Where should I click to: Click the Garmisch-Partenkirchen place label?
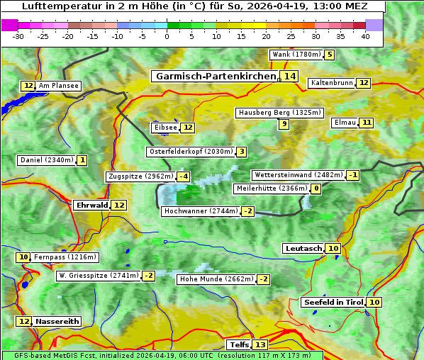click(x=215, y=76)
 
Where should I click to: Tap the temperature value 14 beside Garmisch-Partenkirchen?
click(x=289, y=76)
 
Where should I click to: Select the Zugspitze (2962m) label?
click(x=140, y=176)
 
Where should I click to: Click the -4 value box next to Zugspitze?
click(x=183, y=176)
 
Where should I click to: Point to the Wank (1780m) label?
click(x=296, y=55)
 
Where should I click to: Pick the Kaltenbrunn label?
click(x=331, y=83)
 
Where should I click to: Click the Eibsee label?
click(x=165, y=128)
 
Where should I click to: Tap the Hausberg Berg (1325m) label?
click(x=279, y=113)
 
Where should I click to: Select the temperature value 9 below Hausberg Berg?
click(x=284, y=124)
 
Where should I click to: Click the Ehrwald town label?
click(x=91, y=205)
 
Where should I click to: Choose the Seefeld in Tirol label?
click(x=333, y=302)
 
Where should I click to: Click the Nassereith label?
click(x=57, y=321)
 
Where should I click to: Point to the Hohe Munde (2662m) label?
click(x=216, y=279)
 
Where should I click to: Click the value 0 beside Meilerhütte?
click(x=316, y=189)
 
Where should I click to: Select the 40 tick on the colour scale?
click(x=365, y=36)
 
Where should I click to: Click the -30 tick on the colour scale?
click(x=18, y=36)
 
